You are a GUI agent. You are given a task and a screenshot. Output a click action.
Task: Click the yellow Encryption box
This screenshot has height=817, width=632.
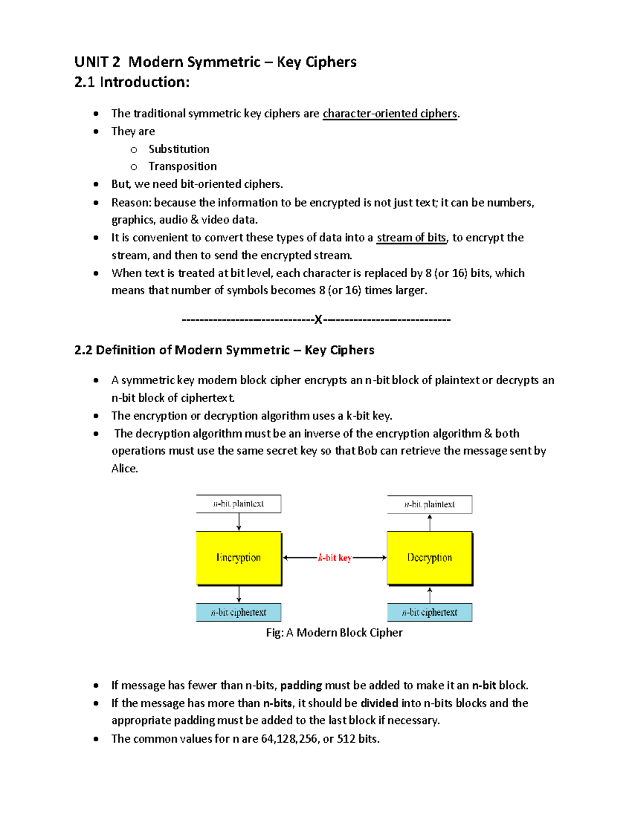point(239,558)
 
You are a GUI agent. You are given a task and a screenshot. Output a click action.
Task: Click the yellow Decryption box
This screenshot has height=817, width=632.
point(429,558)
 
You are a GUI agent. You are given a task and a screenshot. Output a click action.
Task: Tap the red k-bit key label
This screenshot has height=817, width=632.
point(334,558)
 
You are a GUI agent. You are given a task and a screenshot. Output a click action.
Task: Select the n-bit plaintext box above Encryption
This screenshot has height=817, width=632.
point(239,503)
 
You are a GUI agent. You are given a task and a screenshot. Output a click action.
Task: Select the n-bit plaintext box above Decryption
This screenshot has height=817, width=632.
point(429,504)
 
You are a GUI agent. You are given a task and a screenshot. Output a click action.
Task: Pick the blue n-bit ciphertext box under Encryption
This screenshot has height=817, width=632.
point(239,612)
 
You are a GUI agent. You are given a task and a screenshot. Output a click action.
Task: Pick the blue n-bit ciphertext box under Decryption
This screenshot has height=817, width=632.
point(429,612)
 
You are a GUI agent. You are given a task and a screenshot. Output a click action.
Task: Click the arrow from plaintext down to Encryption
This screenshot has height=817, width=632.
point(239,522)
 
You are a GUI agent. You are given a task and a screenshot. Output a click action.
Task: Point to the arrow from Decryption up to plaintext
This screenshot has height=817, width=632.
point(430,522)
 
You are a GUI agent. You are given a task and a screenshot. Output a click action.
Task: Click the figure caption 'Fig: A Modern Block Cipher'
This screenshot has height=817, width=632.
point(334,632)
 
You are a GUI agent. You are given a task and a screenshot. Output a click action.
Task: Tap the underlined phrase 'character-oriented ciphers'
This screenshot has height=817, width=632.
point(390,114)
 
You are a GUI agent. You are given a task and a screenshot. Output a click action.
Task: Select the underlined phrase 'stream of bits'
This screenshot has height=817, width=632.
point(411,238)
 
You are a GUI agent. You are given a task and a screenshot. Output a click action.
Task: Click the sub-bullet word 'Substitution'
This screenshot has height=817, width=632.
point(179,149)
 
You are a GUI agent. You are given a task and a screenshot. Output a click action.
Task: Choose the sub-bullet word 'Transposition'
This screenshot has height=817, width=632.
point(182,166)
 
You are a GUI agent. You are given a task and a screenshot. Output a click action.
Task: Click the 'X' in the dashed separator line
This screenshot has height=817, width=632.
point(318,319)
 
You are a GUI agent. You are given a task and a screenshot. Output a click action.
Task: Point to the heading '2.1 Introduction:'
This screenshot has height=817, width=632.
point(132,82)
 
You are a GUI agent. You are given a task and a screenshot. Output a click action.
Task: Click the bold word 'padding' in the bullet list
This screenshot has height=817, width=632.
point(301,685)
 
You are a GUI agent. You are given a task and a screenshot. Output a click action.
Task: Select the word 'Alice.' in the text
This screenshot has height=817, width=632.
point(125,468)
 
